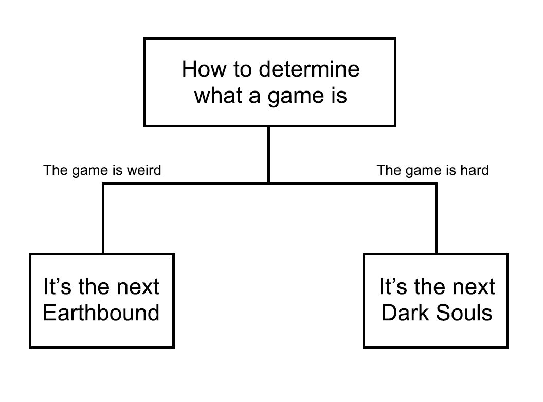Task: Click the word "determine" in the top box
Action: [x=309, y=69]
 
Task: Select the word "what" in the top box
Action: [x=218, y=95]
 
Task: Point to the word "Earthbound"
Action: [x=101, y=313]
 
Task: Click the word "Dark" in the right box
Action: [x=405, y=313]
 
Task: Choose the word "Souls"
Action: [x=464, y=313]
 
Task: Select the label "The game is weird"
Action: [x=102, y=170]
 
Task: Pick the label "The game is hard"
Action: [x=433, y=170]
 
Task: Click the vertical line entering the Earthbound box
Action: [x=103, y=219]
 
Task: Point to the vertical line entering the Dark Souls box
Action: [x=436, y=219]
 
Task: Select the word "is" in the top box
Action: [x=339, y=95]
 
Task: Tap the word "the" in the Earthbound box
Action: [x=94, y=286]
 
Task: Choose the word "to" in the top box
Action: [x=243, y=69]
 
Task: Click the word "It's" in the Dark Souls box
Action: [x=393, y=286]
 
